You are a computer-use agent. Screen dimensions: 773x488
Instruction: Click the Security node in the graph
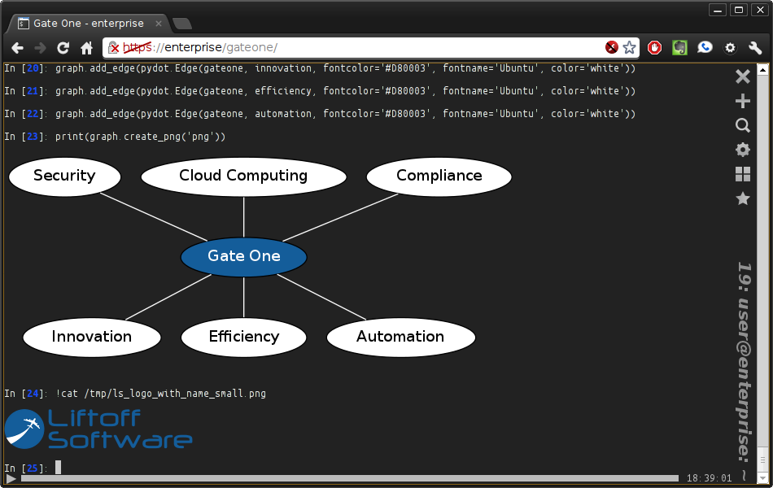click(64, 176)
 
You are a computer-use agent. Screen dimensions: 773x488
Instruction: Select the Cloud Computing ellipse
click(243, 176)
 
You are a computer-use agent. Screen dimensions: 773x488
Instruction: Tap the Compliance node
click(439, 176)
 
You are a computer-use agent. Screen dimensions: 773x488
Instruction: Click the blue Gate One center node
click(243, 257)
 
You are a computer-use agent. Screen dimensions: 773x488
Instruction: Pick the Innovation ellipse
click(92, 338)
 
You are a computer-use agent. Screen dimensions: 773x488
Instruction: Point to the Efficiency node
click(243, 338)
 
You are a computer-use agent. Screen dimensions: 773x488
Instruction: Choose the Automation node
click(401, 338)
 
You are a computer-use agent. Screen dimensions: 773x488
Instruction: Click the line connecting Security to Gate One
click(153, 217)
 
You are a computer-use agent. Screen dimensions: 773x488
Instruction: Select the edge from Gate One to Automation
click(321, 297)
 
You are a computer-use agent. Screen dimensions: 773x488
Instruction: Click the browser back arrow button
click(17, 48)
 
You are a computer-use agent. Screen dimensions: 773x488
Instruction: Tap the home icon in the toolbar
click(87, 48)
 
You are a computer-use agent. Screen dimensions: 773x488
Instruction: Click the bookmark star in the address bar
click(629, 47)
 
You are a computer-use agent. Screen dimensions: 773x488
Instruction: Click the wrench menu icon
click(755, 48)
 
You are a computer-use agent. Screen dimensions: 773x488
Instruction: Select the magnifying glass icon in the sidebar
click(743, 125)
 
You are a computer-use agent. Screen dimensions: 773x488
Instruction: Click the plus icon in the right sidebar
click(742, 101)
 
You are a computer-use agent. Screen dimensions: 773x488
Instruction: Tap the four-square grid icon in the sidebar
click(742, 174)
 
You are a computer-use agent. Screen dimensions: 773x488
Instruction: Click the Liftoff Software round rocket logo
click(24, 429)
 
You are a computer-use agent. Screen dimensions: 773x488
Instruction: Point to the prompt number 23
click(32, 137)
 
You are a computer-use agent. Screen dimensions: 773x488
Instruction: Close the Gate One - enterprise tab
click(158, 23)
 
